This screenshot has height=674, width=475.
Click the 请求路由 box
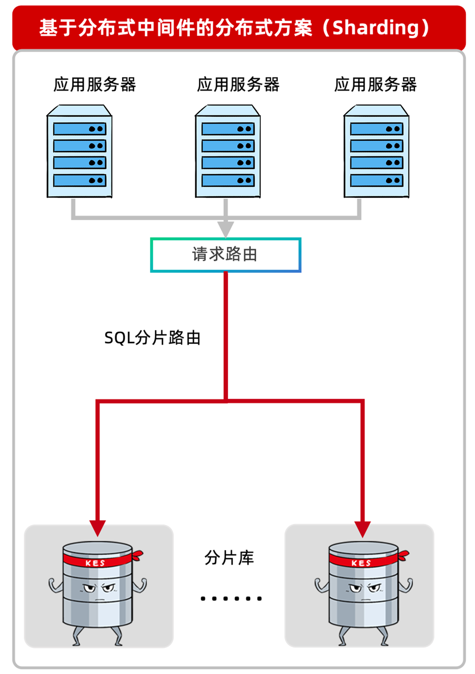(x=226, y=255)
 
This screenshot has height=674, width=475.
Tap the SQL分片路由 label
(x=152, y=338)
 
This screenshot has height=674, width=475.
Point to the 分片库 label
(x=229, y=557)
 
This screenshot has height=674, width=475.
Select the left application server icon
(x=80, y=151)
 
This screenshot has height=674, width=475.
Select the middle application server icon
(x=228, y=151)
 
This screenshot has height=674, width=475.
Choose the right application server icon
(x=376, y=151)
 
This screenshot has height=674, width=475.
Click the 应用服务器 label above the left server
(x=95, y=84)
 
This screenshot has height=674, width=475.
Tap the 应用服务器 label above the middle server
(x=238, y=84)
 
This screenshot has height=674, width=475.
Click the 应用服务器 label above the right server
(x=375, y=84)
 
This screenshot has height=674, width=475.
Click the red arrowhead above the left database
(x=98, y=527)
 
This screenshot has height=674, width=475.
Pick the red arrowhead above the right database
(x=362, y=528)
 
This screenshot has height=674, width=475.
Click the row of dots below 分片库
(x=231, y=598)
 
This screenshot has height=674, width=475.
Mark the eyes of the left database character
(x=99, y=588)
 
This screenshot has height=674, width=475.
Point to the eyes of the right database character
(x=365, y=588)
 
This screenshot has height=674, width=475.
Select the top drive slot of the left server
(x=80, y=129)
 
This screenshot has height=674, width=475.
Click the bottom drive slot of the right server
(x=376, y=180)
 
